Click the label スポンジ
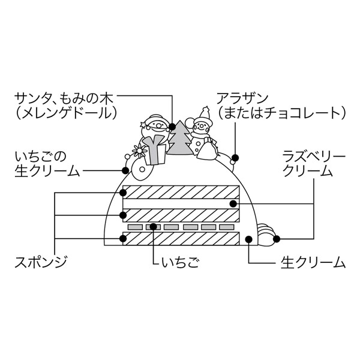pos(40,262)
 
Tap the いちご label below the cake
pos(180,262)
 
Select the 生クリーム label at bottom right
pos(313,262)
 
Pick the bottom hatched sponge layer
pos(181,238)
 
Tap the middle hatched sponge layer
pos(181,215)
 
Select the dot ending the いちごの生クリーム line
pos(126,170)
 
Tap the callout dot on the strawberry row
pos(154,227)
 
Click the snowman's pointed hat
pos(205,113)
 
